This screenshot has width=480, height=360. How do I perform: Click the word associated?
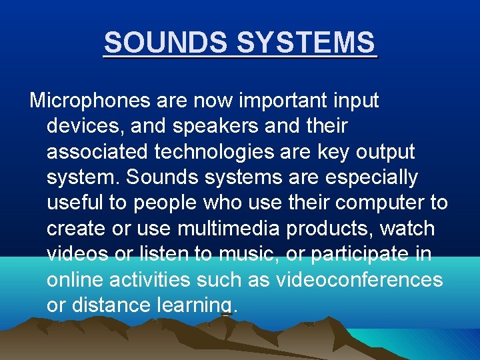[97, 152]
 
